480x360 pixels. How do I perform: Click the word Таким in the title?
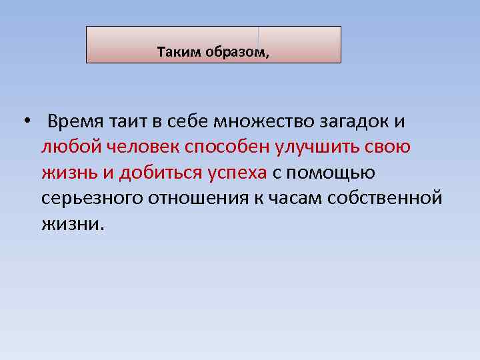[175, 52]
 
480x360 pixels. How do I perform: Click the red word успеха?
[239, 173]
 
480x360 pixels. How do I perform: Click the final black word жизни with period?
[73, 224]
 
